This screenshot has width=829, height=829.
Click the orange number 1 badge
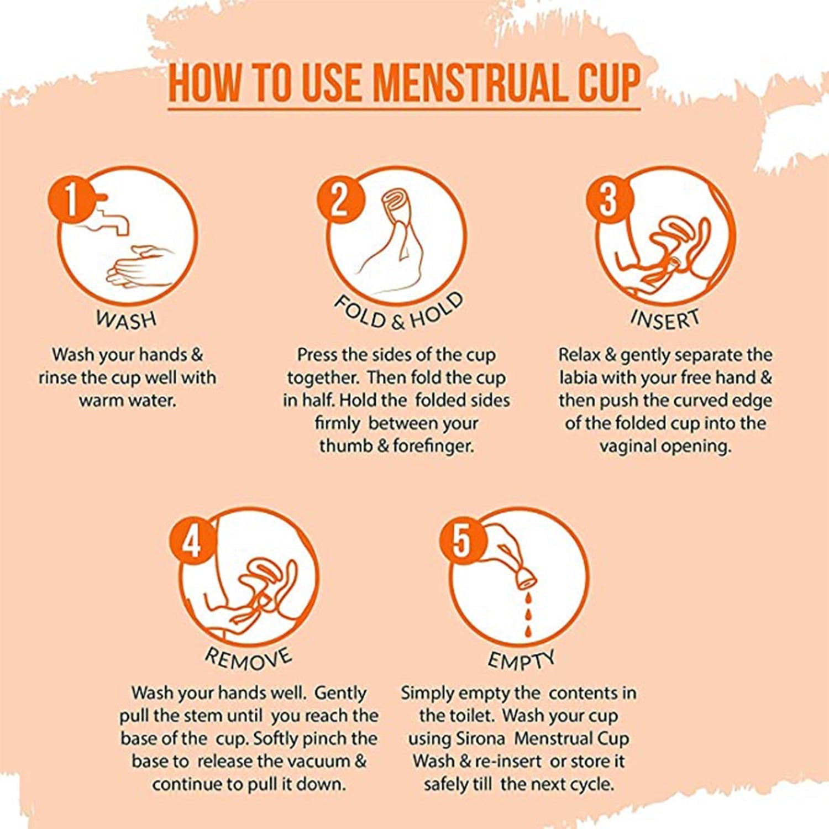pos(72,200)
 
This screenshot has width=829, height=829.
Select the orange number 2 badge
pos(340,200)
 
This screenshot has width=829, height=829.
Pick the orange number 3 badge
pos(609,200)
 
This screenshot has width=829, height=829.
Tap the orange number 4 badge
pos(192,542)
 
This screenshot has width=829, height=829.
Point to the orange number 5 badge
pos(462,542)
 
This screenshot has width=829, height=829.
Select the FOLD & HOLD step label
pos(398,312)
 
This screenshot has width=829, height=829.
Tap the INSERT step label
pos(665,319)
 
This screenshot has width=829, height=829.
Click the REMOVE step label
pos(248,658)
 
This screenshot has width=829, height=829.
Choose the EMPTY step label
pos(521,659)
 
